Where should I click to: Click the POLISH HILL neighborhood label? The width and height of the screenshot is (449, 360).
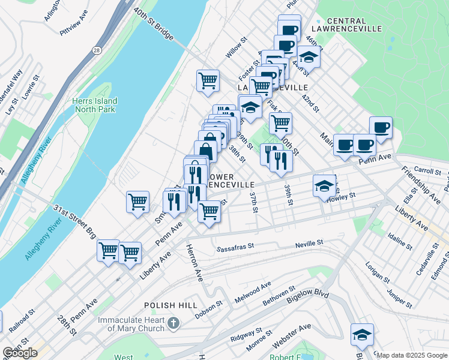coord(171,305)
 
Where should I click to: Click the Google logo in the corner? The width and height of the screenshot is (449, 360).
coord(20,353)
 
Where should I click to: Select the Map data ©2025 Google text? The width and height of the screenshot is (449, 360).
coord(412,355)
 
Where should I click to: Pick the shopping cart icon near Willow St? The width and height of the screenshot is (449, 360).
coord(208,80)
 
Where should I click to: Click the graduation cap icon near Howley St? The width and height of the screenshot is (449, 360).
coord(324,185)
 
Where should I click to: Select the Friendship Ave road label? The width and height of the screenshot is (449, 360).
coord(421,185)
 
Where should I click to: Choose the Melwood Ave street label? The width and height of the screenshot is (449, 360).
coord(253,292)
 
